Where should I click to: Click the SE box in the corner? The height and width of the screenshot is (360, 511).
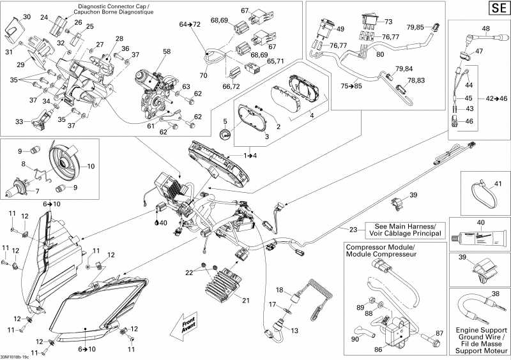coord(498,8)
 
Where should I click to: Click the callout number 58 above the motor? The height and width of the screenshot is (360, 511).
coord(166,51)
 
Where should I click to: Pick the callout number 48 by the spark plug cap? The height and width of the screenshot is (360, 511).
coord(485,28)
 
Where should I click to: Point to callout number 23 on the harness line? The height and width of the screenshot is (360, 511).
coord(353,230)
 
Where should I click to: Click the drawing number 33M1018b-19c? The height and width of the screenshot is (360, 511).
coord(23,356)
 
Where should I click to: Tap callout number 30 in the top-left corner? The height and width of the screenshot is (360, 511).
coord(26,17)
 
